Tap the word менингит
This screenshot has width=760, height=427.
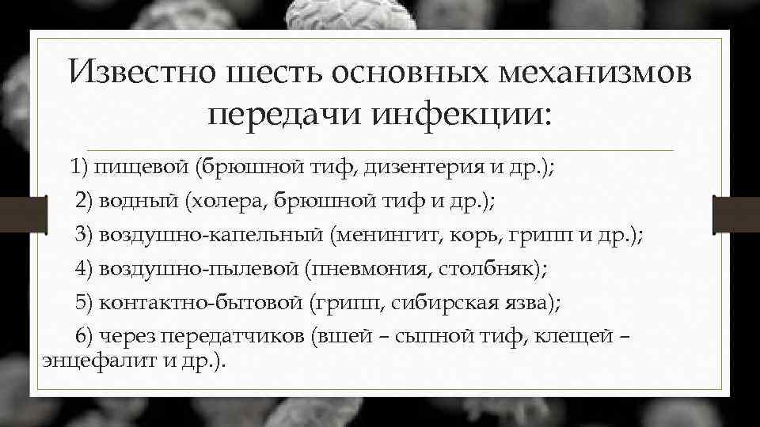(x=389, y=235)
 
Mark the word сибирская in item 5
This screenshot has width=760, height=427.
(x=434, y=303)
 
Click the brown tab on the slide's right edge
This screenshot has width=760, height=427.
(x=736, y=214)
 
